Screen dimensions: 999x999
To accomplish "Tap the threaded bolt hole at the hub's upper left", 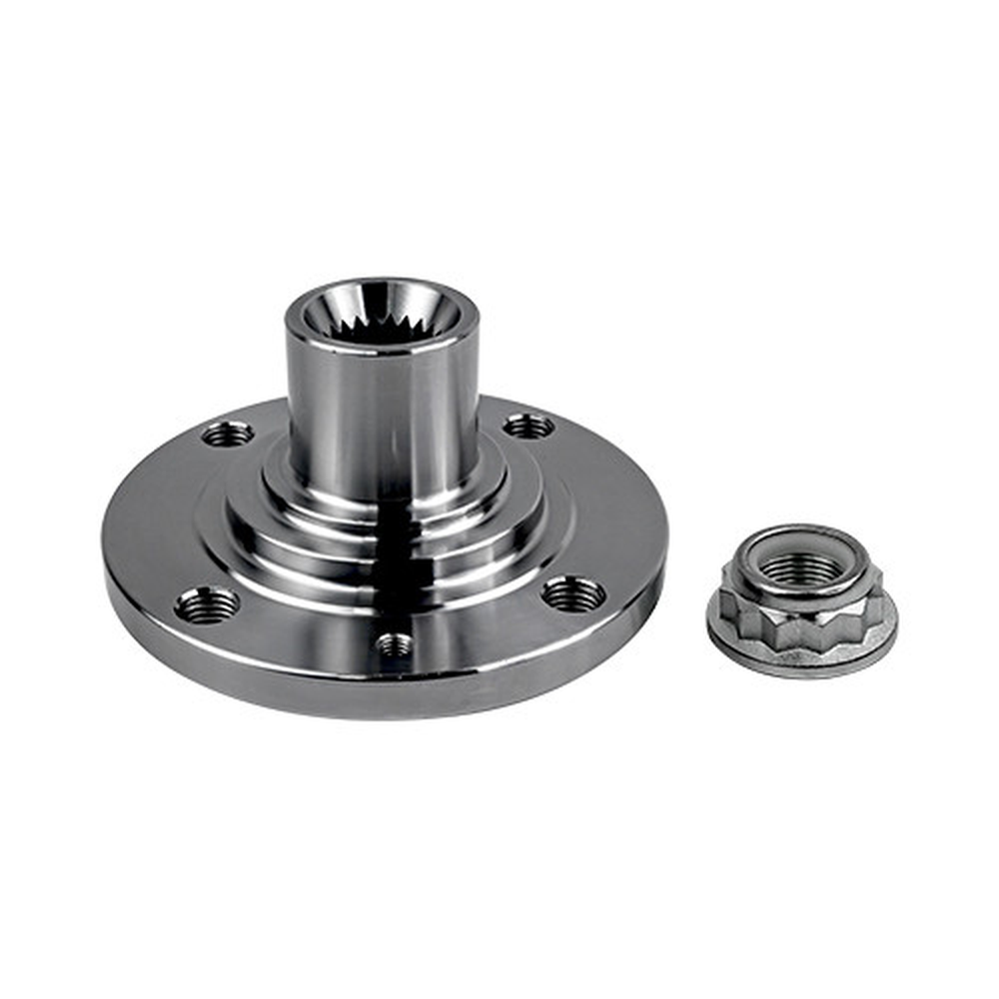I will (228, 434).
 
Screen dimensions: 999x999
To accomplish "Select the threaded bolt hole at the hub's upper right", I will (528, 427).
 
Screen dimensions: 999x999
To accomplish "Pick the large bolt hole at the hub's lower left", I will (207, 603).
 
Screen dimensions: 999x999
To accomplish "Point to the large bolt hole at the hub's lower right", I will (573, 594).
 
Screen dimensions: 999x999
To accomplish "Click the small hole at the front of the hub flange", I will (395, 643).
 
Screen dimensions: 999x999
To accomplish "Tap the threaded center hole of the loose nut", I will (801, 566).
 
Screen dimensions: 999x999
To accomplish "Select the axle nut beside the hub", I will (801, 599).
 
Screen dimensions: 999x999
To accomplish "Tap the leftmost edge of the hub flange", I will (106, 559).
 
